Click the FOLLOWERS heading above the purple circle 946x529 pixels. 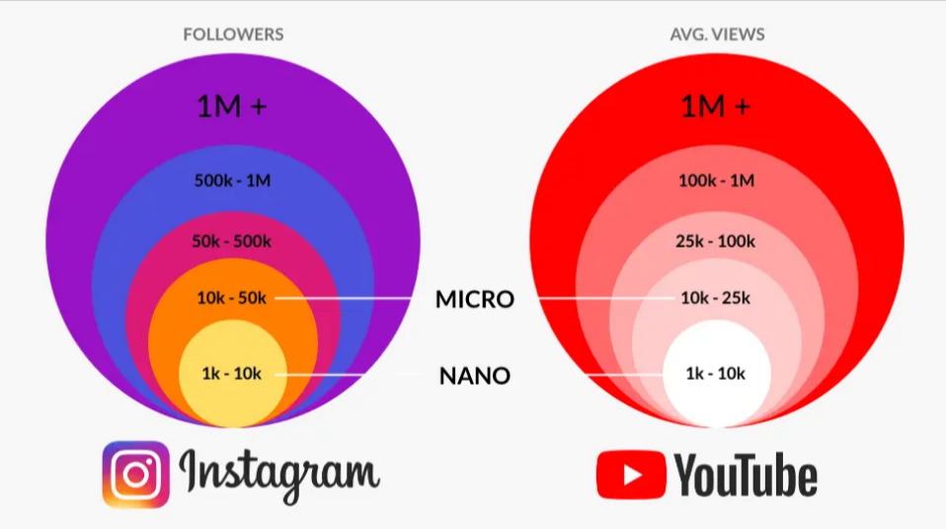point(233,35)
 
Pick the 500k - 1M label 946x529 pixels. point(233,181)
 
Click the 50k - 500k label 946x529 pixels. point(233,241)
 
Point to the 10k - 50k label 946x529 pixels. point(233,297)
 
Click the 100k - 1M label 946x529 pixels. point(716,181)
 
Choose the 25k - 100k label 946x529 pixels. point(716,241)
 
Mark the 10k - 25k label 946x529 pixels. point(716,297)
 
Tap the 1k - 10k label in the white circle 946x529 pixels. point(716,374)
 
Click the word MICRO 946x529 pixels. point(475,299)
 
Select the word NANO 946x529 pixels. point(475,376)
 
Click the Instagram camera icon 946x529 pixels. point(136,474)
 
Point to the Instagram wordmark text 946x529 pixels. point(279,474)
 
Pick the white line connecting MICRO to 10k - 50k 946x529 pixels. point(346,297)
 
